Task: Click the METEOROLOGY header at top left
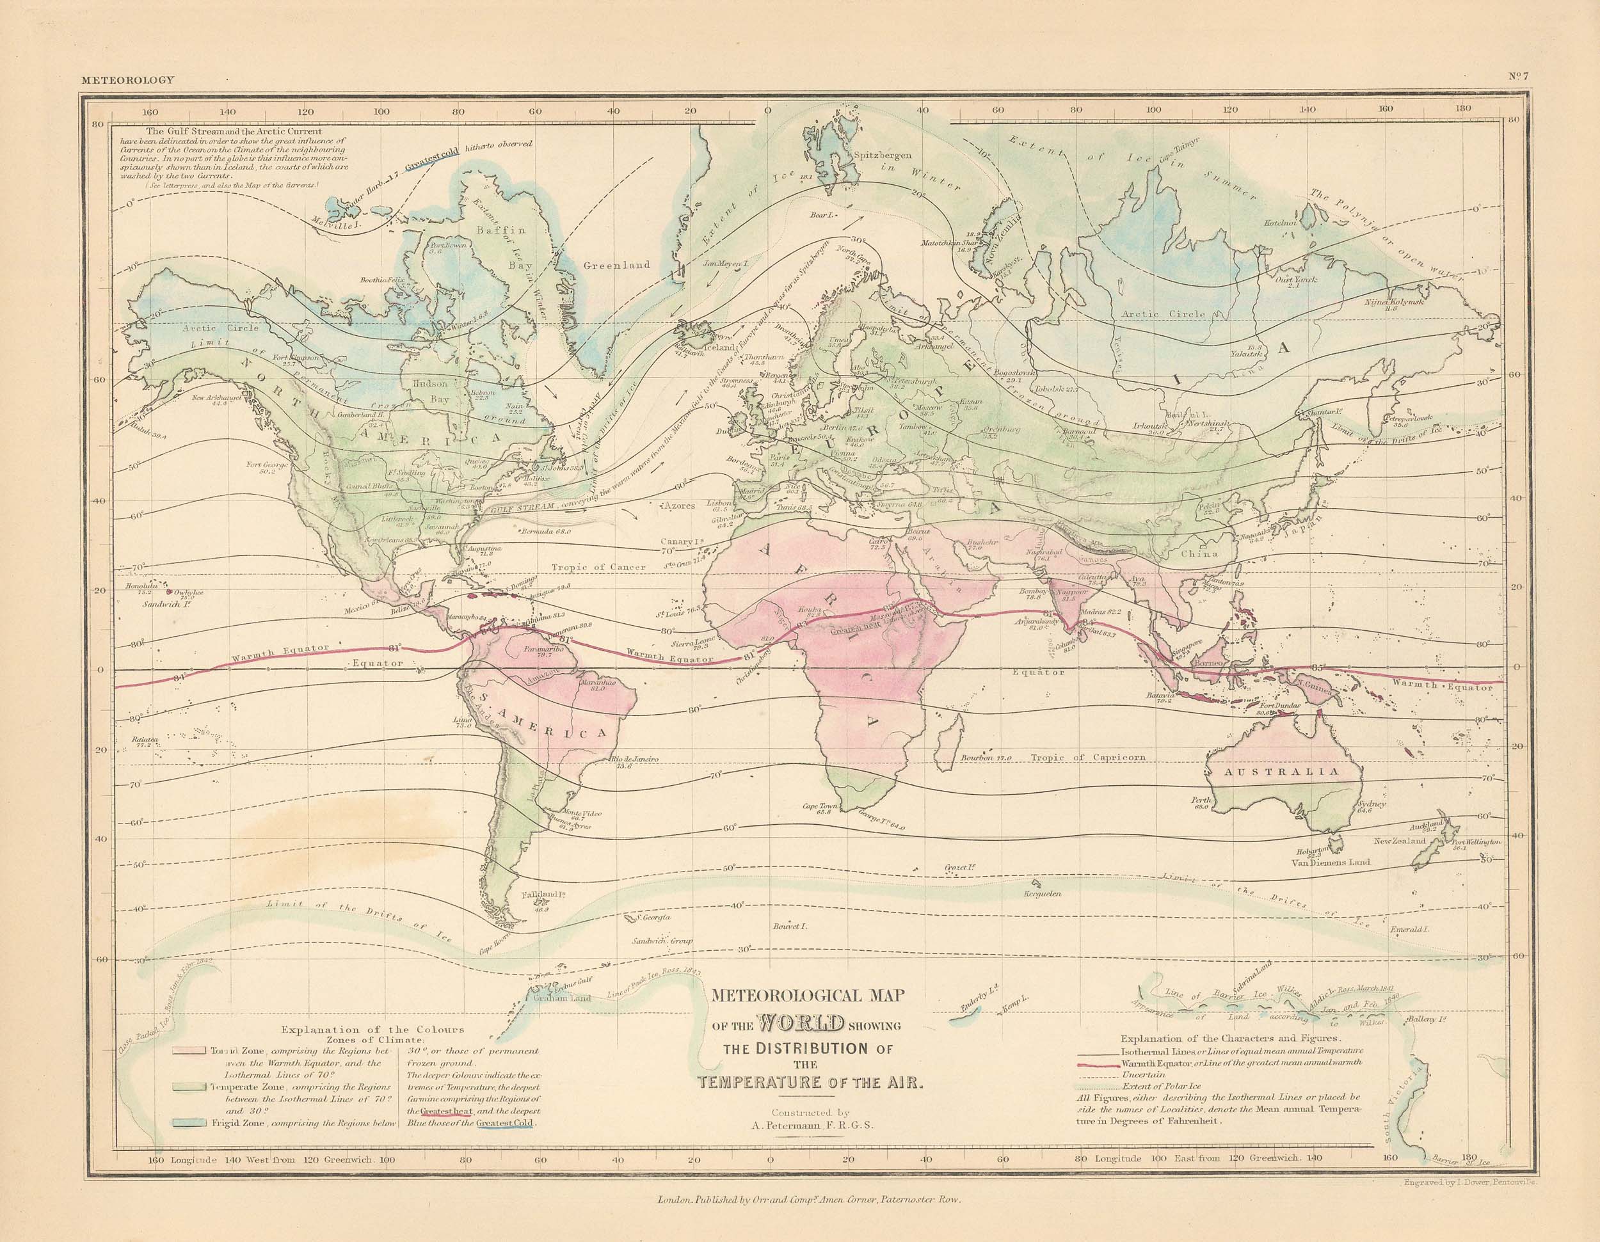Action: coord(128,80)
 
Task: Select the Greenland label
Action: coord(617,265)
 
